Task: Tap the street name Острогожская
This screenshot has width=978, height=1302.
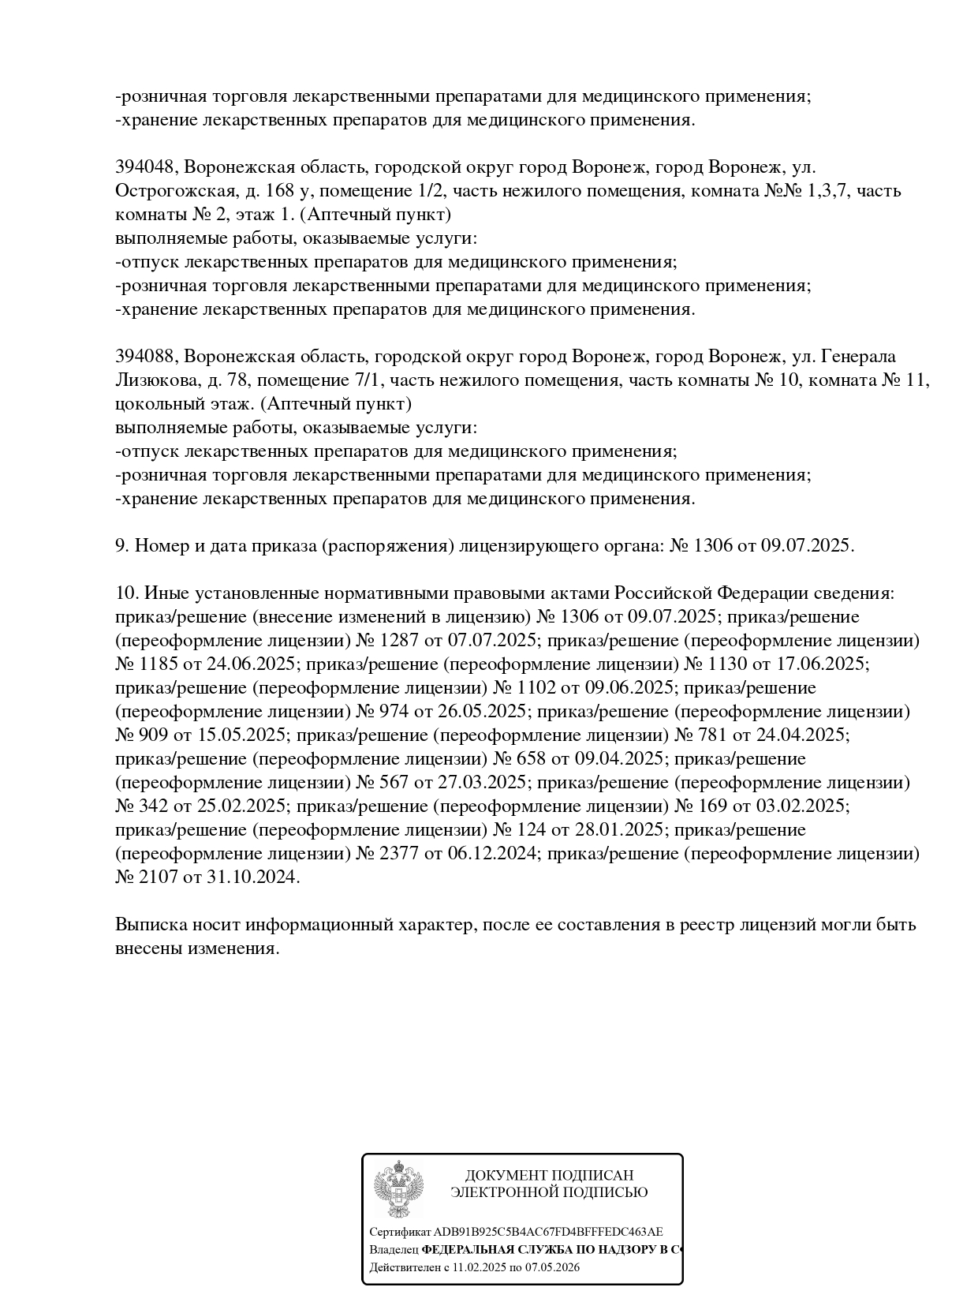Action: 170,191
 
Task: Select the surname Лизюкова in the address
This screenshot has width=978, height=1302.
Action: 155,380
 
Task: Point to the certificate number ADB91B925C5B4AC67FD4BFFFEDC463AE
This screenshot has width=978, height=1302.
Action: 548,1232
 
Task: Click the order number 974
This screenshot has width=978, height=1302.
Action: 394,711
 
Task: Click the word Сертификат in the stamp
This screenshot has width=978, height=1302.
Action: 400,1232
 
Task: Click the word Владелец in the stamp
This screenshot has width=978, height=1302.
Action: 394,1250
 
